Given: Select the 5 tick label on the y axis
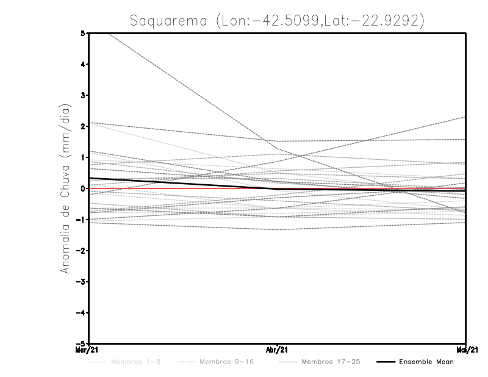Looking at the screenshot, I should pos(82,33).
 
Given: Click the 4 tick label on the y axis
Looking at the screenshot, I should pos(82,64).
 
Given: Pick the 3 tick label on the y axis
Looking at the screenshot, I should pos(82,95).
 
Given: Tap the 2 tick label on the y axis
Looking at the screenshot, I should pos(82,126).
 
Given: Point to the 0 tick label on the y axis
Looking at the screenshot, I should pos(82,188).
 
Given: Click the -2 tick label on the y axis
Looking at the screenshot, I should pos(80,251).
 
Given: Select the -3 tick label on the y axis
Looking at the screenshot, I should pos(80,282).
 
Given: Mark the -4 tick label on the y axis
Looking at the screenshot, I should pos(80,313).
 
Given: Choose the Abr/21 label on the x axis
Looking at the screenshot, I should pos(278,350).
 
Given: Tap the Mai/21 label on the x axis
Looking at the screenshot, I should pos(465,350).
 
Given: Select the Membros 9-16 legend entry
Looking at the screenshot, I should pos(225,362).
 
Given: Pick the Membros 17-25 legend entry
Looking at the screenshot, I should pos(331,362).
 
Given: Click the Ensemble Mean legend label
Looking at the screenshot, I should pos(426,362).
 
